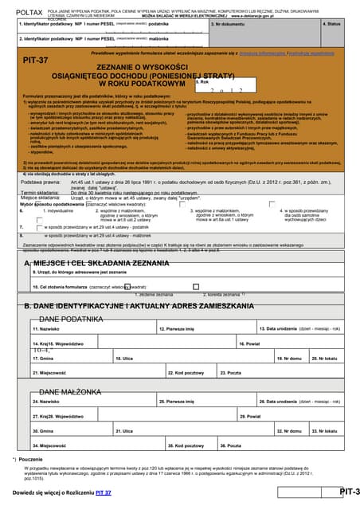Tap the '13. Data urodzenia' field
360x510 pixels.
click(302, 332)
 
